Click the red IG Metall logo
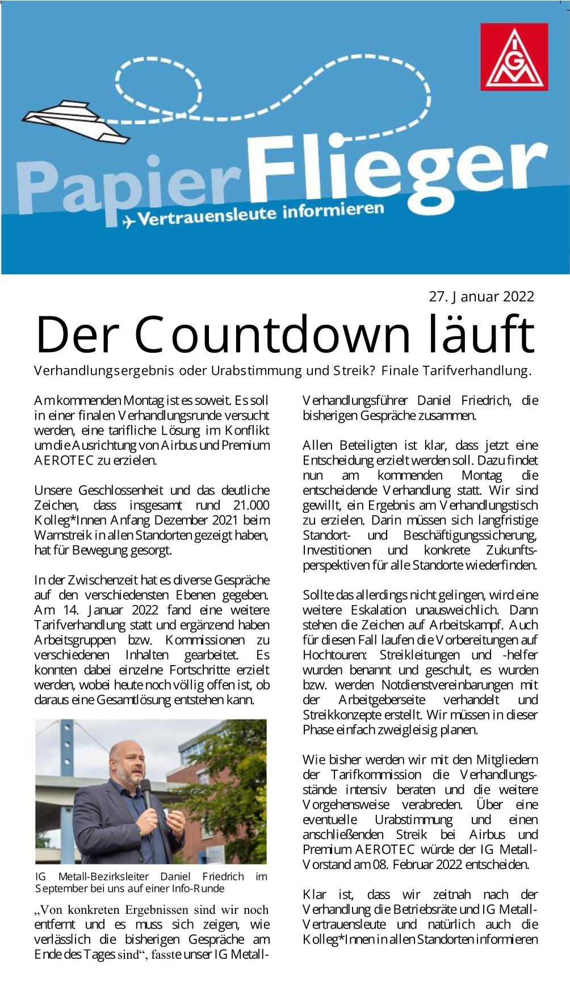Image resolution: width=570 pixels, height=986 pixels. point(514,57)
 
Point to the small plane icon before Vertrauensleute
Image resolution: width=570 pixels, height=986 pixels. point(129,221)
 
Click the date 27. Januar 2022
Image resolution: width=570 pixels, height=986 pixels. point(481,296)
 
